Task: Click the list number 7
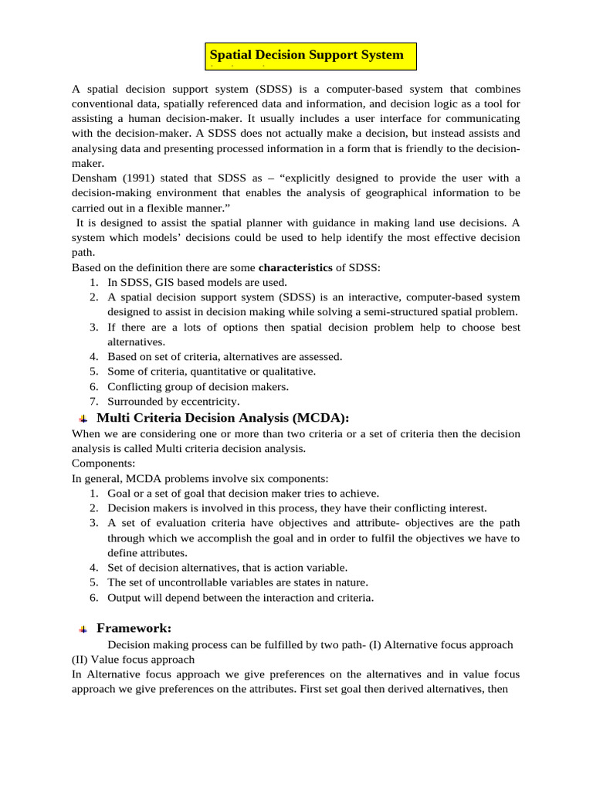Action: [x=93, y=401]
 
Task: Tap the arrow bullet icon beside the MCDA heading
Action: [x=83, y=419]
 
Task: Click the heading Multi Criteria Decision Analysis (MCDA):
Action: [x=222, y=418]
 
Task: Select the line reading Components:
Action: [x=103, y=463]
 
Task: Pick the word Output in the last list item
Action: [x=125, y=597]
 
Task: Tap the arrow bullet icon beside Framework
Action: [x=83, y=630]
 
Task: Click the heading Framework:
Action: [x=134, y=629]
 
